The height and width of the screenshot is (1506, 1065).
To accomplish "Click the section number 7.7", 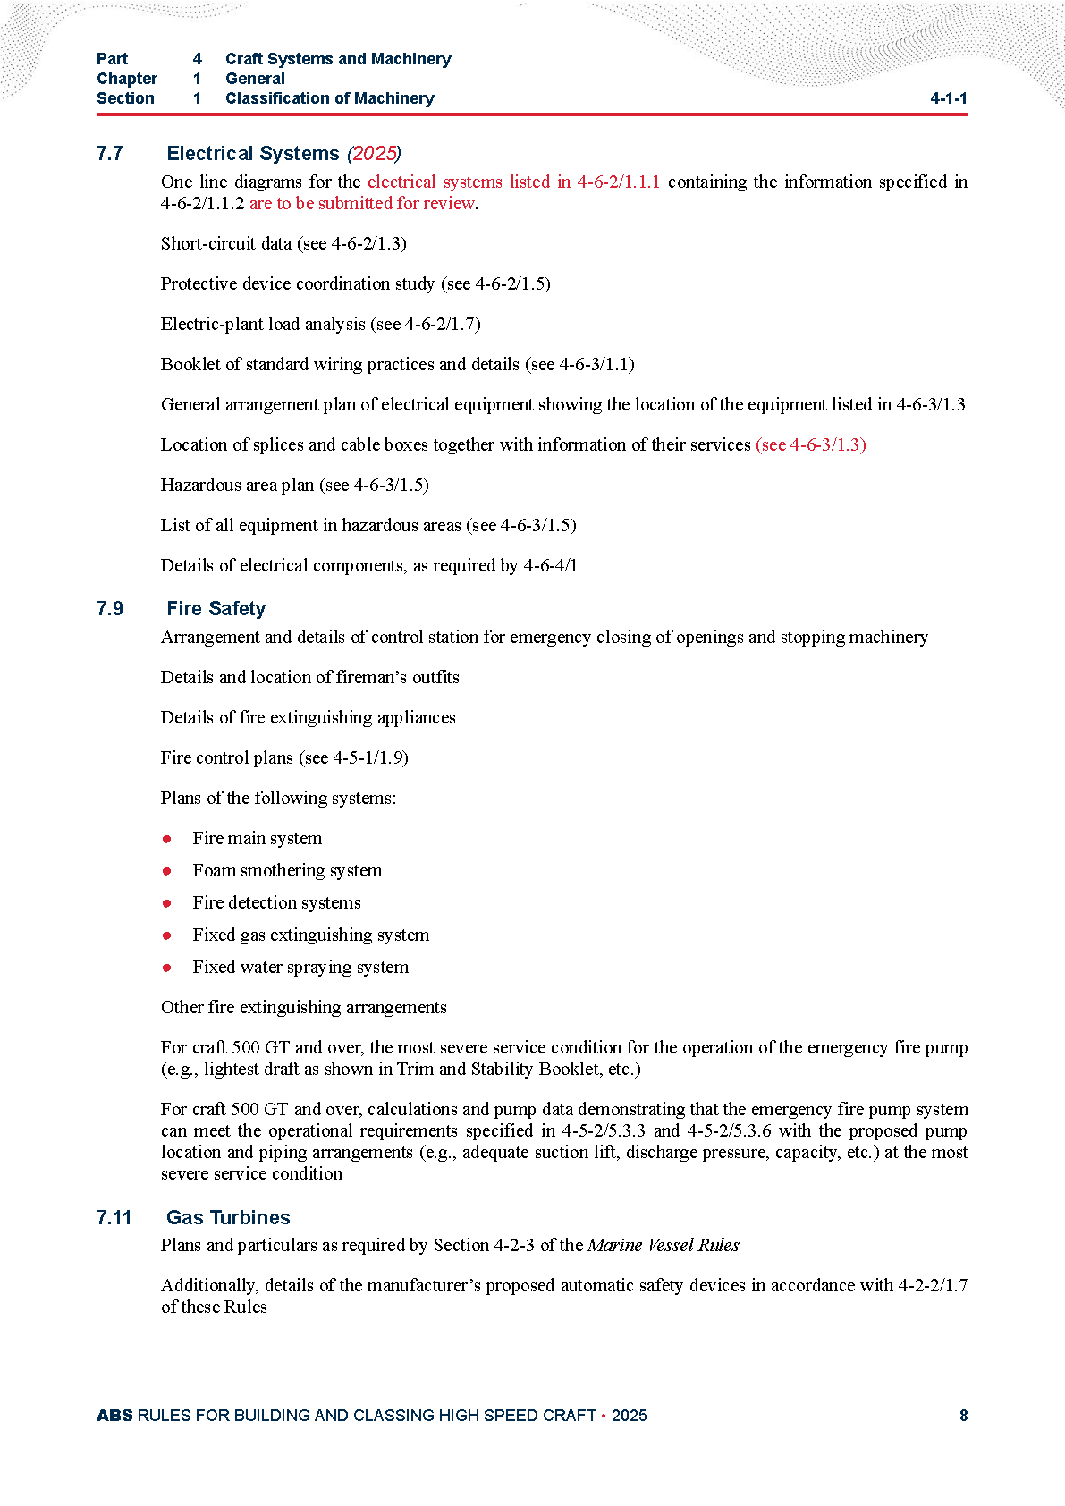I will click(110, 154).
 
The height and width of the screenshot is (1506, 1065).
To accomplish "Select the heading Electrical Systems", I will click(253, 154).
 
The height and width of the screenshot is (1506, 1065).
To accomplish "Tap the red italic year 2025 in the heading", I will click(374, 154).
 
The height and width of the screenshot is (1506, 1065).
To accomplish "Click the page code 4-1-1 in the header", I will click(948, 98).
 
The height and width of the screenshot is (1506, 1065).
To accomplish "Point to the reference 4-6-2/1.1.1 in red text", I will click(618, 182).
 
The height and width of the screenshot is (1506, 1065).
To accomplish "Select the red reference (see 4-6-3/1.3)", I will click(810, 444).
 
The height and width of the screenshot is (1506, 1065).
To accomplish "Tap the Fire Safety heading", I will click(216, 609).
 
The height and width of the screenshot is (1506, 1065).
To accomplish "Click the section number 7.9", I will click(110, 609).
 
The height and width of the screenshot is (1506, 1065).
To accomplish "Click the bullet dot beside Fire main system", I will click(167, 839).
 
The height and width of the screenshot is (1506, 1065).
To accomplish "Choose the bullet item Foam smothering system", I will click(287, 870).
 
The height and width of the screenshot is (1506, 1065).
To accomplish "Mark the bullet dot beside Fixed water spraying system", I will click(167, 968).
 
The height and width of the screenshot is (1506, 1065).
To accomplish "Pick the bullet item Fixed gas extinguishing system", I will click(310, 935).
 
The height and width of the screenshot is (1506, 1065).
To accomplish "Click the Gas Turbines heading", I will click(228, 1218).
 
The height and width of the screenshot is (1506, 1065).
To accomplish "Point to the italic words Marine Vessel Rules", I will click(664, 1245).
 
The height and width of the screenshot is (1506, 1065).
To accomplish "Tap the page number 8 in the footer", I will click(963, 1416).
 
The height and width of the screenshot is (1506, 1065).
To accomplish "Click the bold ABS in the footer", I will click(114, 1416).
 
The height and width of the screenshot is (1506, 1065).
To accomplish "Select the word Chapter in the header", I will click(127, 79).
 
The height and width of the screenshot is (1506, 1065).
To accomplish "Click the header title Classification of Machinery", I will click(329, 98).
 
